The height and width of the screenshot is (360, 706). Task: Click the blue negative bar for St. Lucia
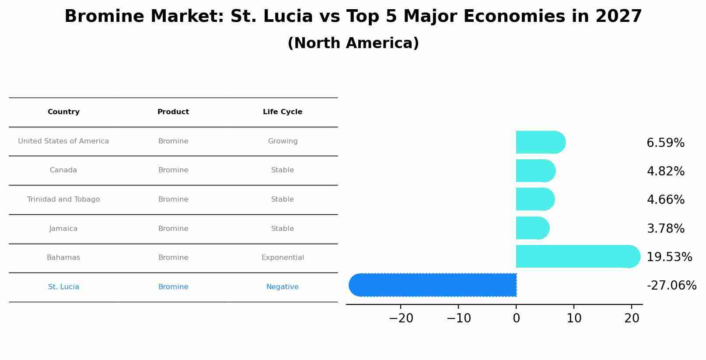click(433, 285)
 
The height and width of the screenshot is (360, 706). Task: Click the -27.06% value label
click(671, 286)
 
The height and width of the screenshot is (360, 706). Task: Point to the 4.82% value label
click(665, 171)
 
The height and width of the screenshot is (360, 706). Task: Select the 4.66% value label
click(665, 200)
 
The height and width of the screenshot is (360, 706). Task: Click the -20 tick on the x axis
click(401, 318)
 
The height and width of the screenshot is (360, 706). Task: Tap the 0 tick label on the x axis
click(516, 318)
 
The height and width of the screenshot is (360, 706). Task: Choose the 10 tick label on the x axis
click(574, 318)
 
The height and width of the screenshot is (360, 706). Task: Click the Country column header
click(63, 112)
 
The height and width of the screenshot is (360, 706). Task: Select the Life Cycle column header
click(283, 112)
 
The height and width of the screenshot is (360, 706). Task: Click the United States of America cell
click(63, 141)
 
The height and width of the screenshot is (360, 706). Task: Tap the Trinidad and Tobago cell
click(63, 199)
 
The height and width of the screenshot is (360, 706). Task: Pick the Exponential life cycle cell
click(283, 258)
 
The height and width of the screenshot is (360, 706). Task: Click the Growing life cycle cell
click(283, 141)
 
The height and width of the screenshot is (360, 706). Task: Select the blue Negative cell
click(283, 287)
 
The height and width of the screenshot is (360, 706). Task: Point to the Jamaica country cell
click(63, 229)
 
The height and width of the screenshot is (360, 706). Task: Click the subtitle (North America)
click(353, 43)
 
